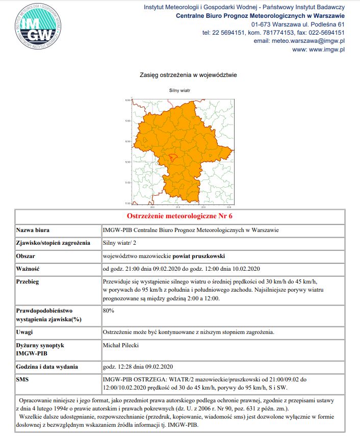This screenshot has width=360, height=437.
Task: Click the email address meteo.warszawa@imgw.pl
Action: coord(299,41)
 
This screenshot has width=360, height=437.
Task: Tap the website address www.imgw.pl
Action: coord(319,49)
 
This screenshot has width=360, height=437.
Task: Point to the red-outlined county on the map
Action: coord(173,157)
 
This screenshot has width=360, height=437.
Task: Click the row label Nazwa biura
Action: coord(36,230)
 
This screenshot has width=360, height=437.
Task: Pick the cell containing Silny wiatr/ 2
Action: coord(116,243)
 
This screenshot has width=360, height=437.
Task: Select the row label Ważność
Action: coord(29,268)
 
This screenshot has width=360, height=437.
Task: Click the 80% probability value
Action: coord(108,310)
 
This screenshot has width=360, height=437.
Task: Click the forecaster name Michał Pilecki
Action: coord(121,345)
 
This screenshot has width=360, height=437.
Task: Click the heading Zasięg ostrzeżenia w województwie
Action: coord(188,75)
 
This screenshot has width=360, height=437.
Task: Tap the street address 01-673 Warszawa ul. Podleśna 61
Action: coord(298,24)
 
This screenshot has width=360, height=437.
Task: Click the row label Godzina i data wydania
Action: coord(47,367)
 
